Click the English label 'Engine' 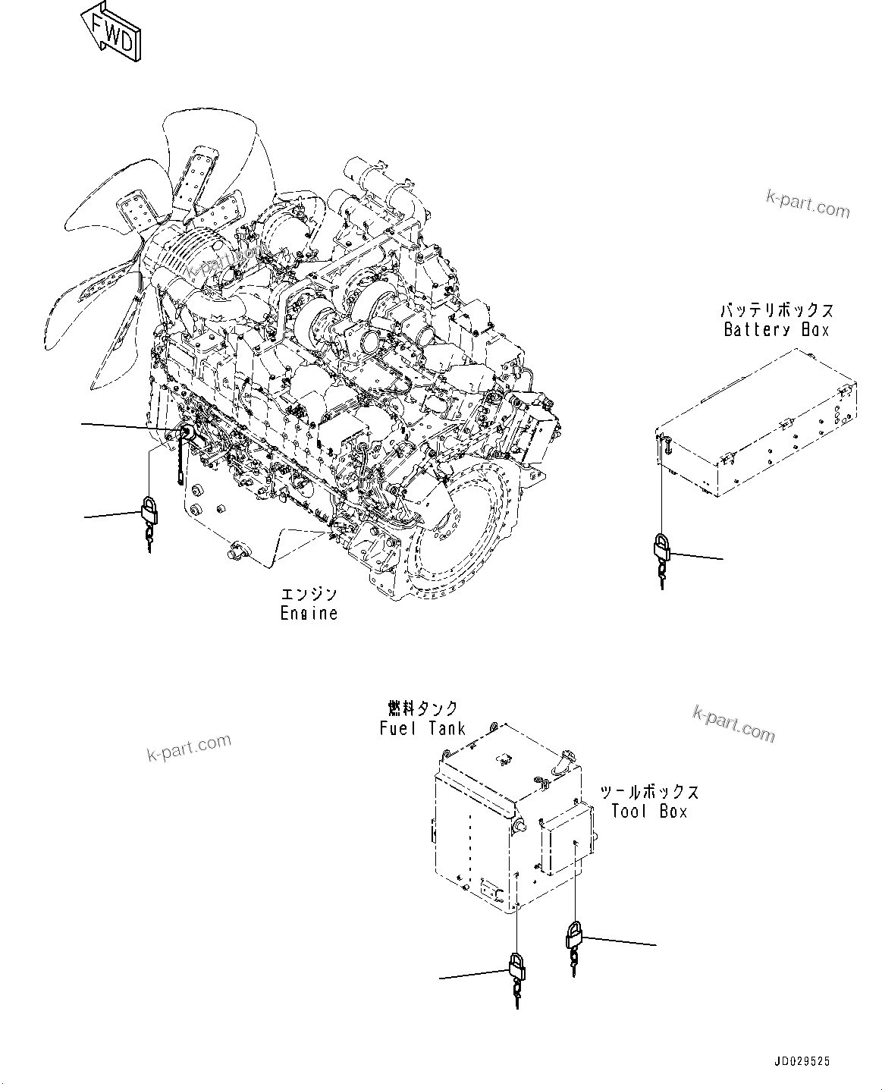click(309, 613)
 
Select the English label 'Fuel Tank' click(422, 728)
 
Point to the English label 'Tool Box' click(649, 811)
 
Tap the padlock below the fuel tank click(516, 967)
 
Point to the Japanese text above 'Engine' click(309, 595)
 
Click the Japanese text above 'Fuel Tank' click(422, 708)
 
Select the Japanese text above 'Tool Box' click(649, 792)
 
